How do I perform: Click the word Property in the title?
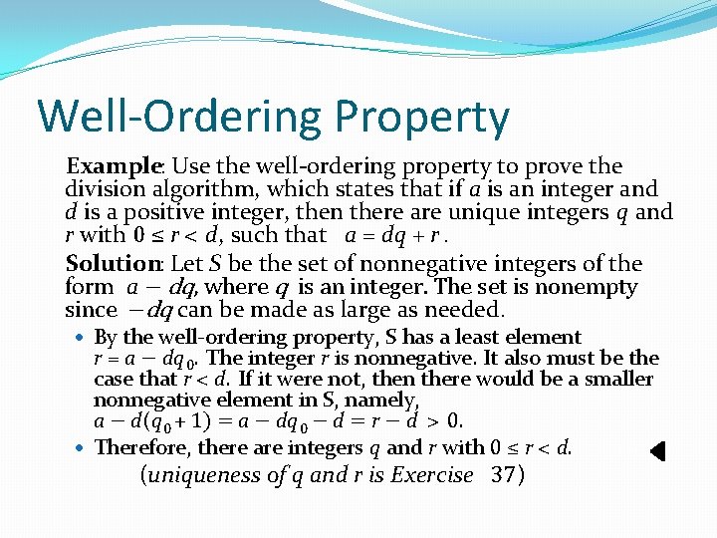click(x=422, y=118)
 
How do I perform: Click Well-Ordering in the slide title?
click(x=179, y=118)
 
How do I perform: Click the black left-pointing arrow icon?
click(x=657, y=451)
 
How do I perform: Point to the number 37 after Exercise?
click(x=507, y=475)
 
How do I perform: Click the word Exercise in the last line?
click(x=431, y=475)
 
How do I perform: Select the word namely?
click(x=385, y=400)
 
